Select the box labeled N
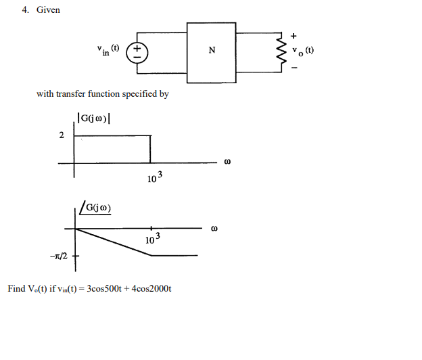click(x=212, y=52)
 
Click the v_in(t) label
click(x=108, y=50)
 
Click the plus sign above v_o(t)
click(x=294, y=35)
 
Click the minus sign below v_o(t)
click(x=294, y=68)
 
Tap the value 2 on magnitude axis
click(x=62, y=136)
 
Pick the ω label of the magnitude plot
click(x=227, y=162)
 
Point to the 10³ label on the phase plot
click(x=153, y=240)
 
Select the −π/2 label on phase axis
click(x=57, y=256)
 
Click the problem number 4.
click(x=24, y=10)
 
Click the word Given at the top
click(x=48, y=10)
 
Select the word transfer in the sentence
click(x=70, y=94)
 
